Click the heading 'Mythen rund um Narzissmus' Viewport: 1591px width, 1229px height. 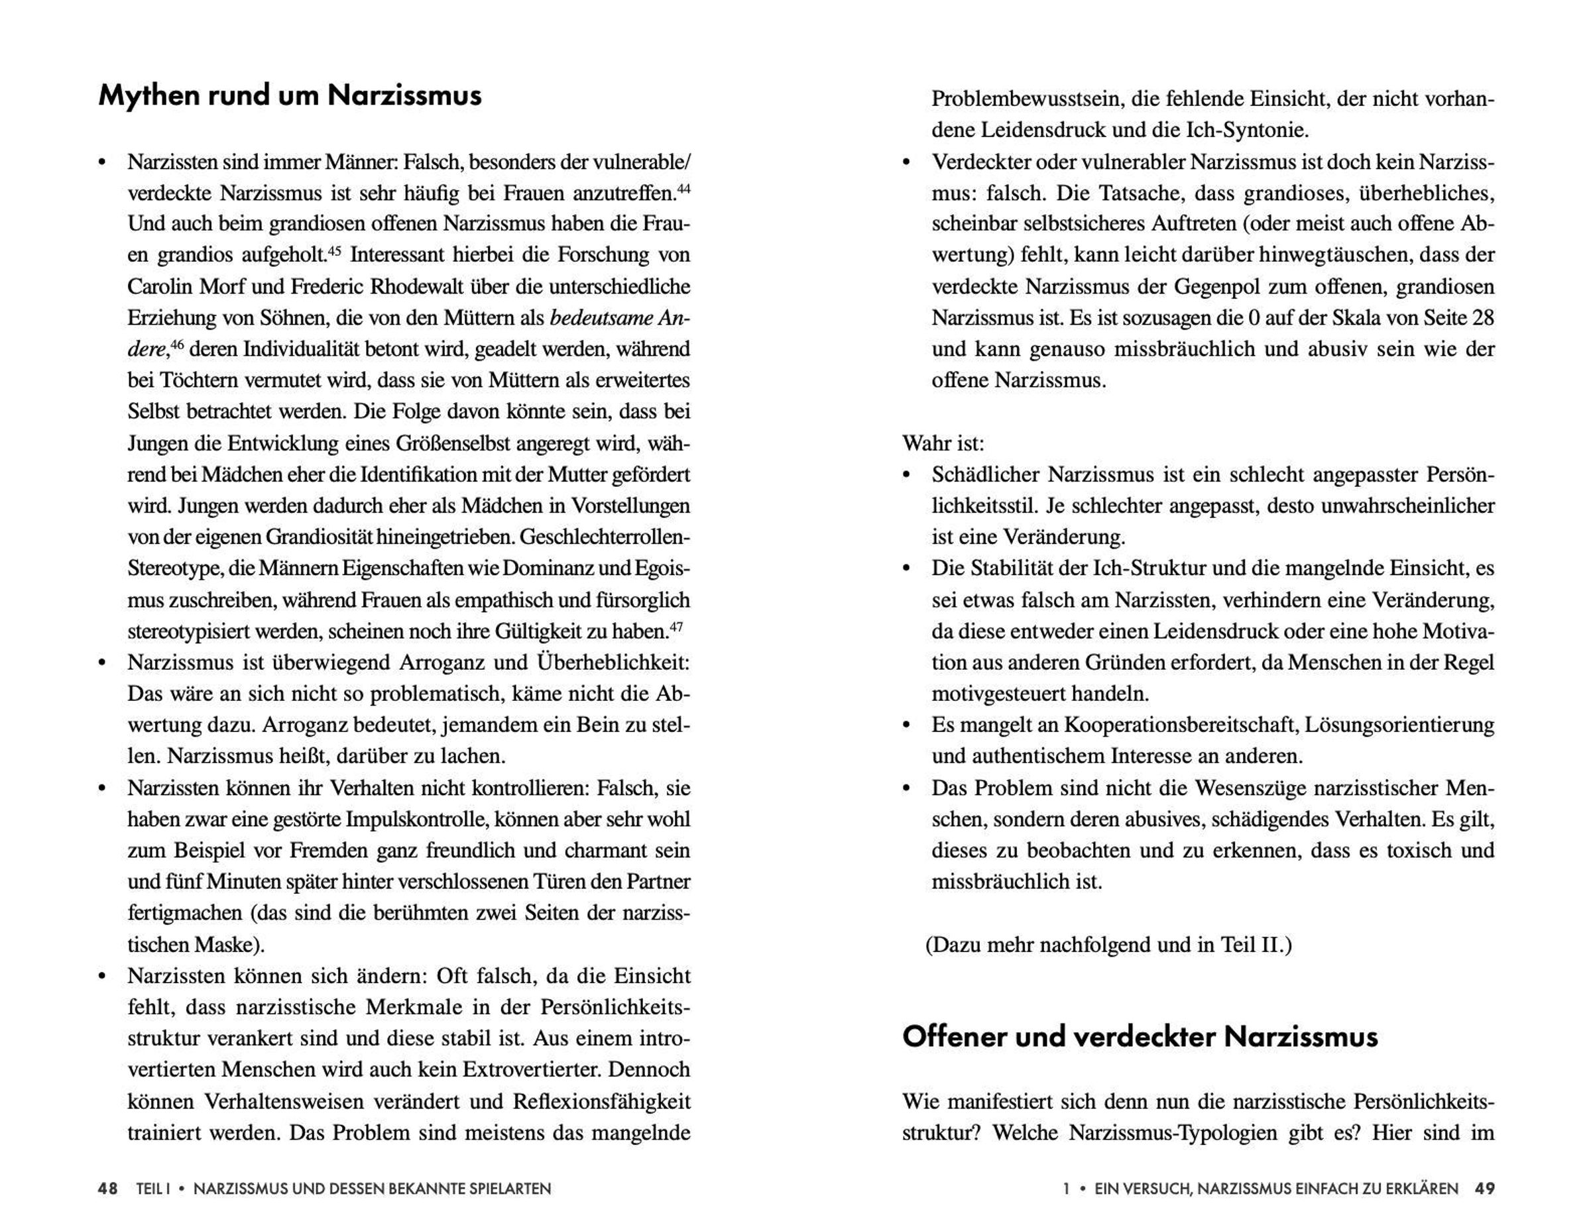coord(290,96)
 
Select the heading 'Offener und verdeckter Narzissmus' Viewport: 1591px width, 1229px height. coord(1140,1037)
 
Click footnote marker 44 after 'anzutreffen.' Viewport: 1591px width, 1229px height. coord(683,189)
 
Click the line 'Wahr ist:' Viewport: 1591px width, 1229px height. coord(943,443)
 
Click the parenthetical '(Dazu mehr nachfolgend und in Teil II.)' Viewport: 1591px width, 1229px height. coord(1108,945)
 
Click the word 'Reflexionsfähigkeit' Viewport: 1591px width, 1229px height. coord(601,1102)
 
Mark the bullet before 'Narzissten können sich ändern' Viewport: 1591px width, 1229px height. coord(103,977)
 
